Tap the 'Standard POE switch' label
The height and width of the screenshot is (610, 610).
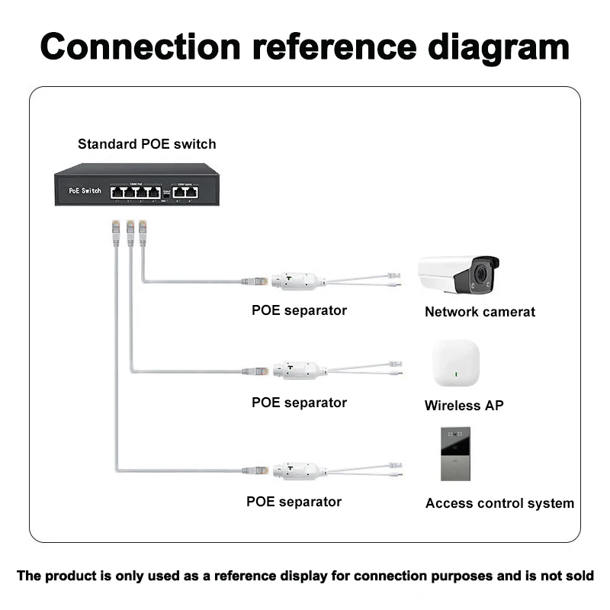146,144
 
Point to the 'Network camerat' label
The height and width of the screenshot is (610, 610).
480,312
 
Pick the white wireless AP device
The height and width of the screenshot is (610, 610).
456,364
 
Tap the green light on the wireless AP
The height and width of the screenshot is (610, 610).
456,374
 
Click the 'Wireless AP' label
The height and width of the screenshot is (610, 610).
464,406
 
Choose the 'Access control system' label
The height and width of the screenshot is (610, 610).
499,503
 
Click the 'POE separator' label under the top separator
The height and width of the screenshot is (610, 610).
299,310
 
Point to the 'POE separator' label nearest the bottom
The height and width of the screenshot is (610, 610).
294,502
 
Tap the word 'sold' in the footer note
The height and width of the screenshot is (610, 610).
579,576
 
